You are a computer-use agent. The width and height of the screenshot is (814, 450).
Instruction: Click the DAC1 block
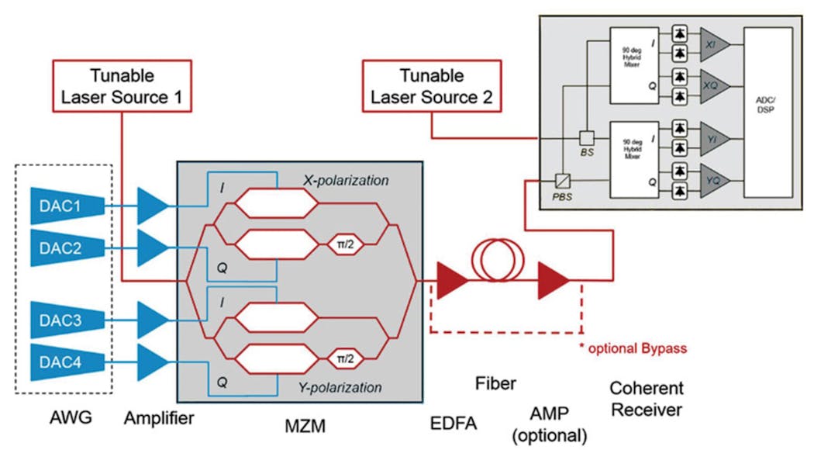tap(67, 207)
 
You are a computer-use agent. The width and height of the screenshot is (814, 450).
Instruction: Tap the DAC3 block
tap(67, 319)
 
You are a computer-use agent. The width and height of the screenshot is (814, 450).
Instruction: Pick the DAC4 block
tap(67, 361)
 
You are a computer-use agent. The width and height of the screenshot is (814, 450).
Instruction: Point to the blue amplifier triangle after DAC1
tap(152, 207)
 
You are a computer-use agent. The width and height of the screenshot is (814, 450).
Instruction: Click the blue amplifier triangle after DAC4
tap(152, 361)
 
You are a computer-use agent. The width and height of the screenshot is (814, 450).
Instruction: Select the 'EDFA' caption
tap(453, 422)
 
